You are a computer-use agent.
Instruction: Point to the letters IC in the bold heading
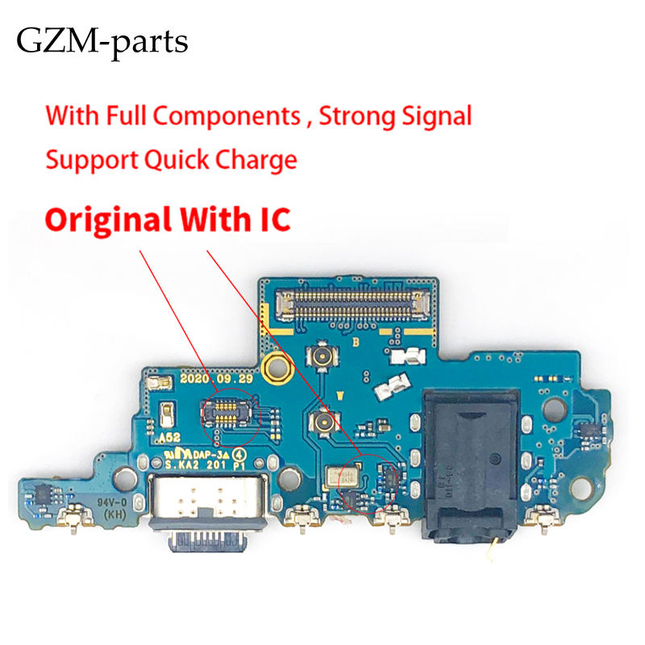point(273,219)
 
